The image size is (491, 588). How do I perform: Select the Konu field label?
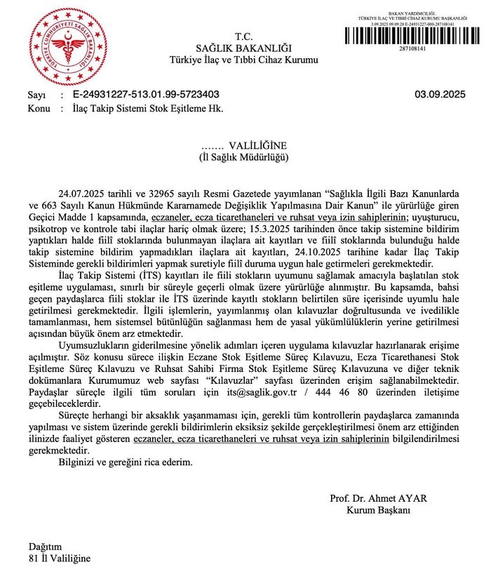tap(39, 109)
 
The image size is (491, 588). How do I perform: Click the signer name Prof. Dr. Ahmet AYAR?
tap(378, 499)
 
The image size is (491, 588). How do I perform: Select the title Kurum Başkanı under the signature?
tap(377, 511)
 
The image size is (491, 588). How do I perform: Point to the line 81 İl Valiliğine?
tap(59, 559)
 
